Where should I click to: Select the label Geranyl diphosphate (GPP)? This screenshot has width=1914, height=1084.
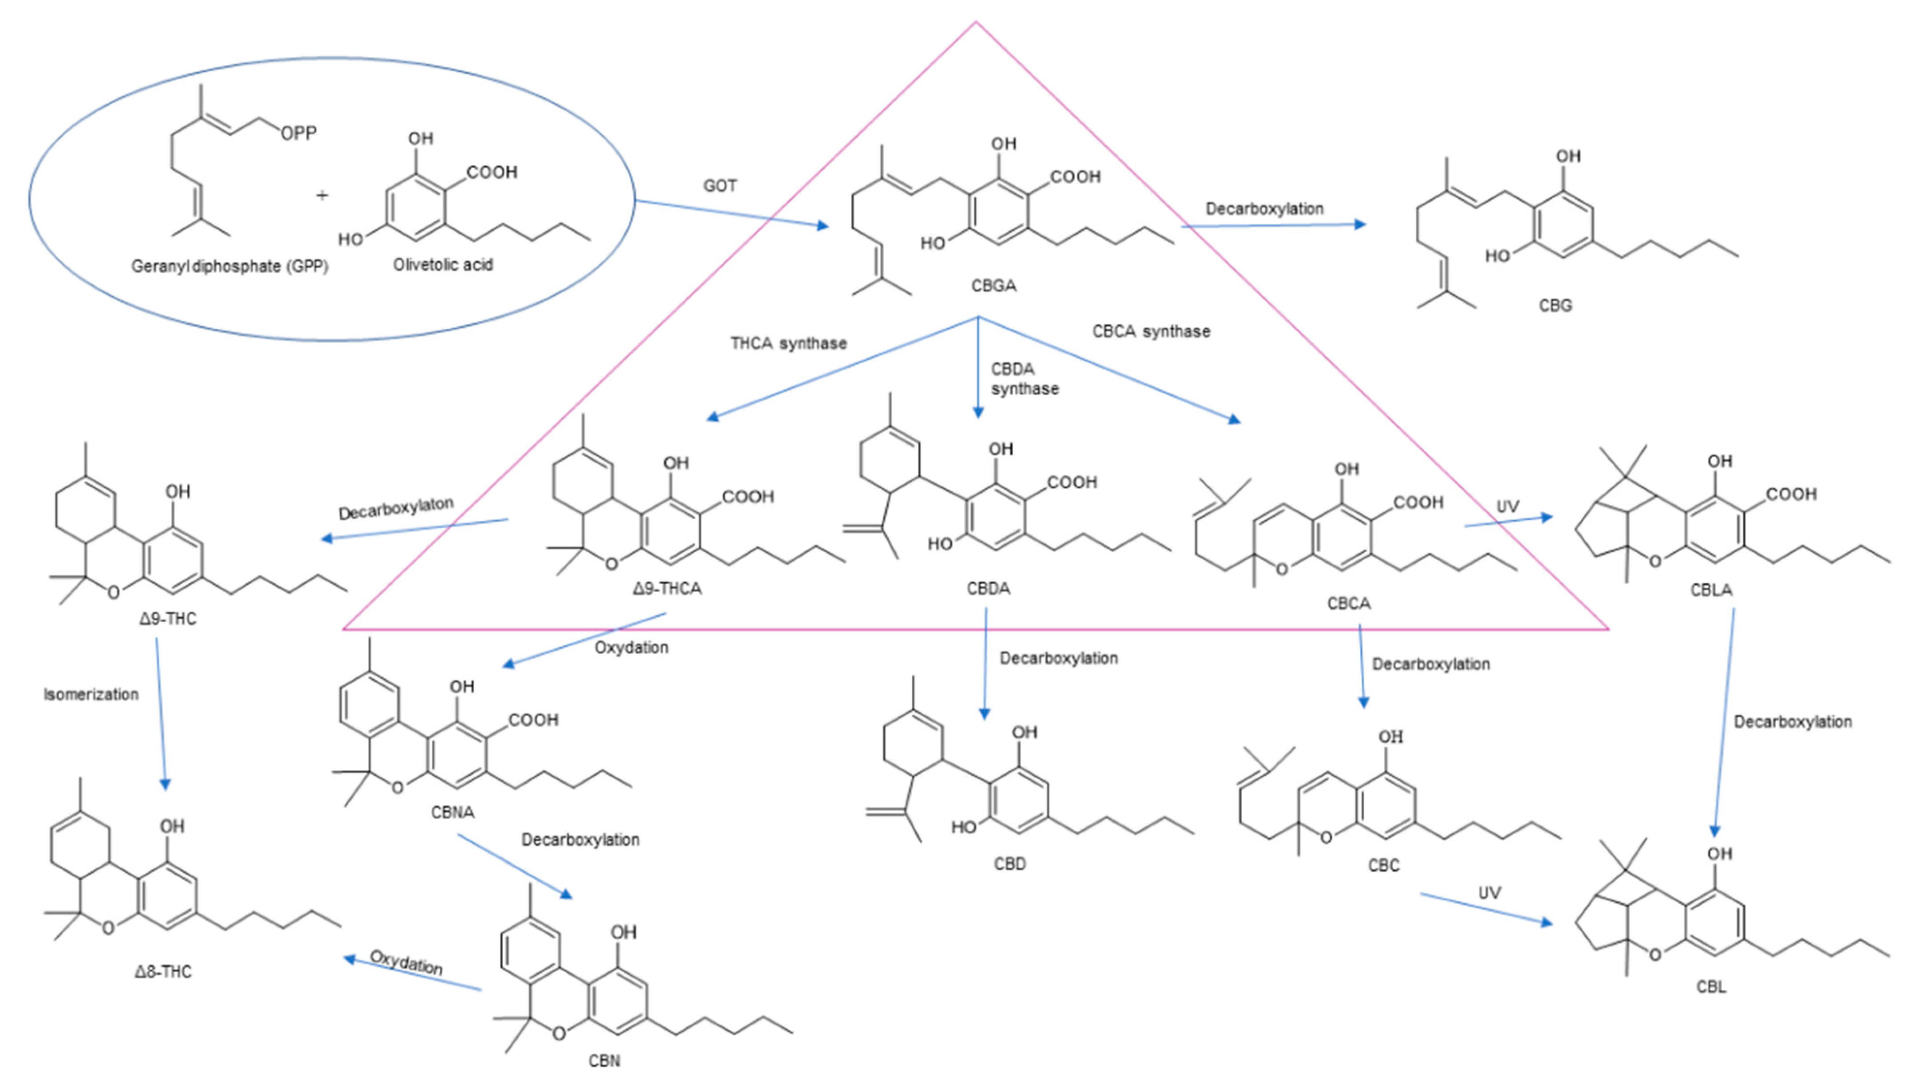tap(229, 266)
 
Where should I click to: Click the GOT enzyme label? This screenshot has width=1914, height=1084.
tap(720, 185)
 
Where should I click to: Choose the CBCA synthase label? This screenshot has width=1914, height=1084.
tap(1150, 331)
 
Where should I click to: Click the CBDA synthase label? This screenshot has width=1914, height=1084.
tap(1024, 379)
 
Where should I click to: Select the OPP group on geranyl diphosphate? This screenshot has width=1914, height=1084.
tap(299, 133)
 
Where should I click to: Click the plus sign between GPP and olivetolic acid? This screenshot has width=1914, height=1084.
tap(322, 195)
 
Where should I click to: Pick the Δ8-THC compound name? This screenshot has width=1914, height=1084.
tap(163, 972)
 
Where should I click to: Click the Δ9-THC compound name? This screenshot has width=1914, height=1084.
tap(168, 619)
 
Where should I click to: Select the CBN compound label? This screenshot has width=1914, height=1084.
tap(603, 1060)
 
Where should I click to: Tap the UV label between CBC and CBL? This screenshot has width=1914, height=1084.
tap(1489, 893)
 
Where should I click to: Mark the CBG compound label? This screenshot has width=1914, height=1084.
tap(1555, 305)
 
